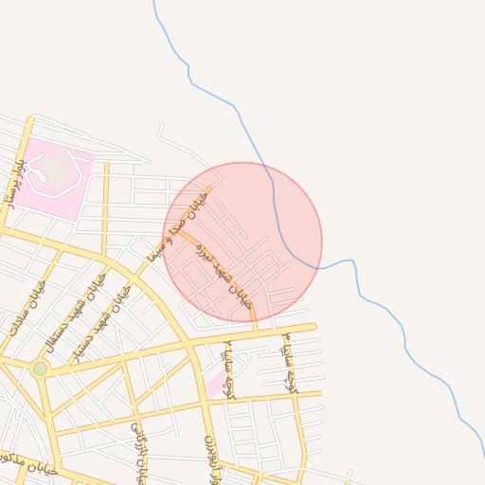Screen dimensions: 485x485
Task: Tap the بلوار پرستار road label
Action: point(13,184)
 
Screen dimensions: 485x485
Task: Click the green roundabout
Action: point(40,368)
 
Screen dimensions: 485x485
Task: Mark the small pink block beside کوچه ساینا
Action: point(217,384)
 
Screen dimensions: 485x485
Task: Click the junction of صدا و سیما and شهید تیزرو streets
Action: point(177,230)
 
